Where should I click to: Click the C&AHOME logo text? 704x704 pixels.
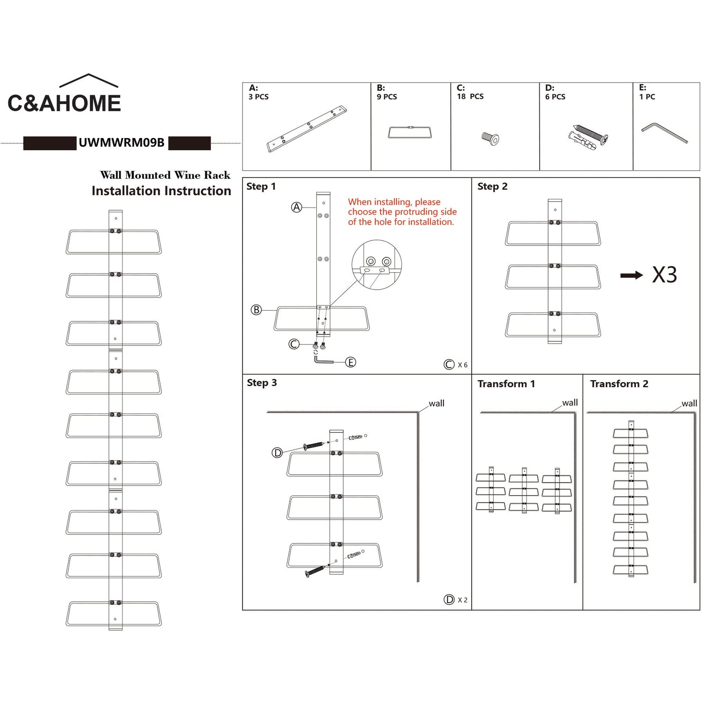click(x=64, y=103)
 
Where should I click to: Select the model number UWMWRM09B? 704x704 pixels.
click(x=122, y=143)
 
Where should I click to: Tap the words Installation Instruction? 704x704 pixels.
click(x=161, y=191)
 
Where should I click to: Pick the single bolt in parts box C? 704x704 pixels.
click(x=490, y=138)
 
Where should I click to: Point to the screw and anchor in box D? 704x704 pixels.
click(x=588, y=137)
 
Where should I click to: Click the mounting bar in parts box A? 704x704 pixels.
click(x=307, y=128)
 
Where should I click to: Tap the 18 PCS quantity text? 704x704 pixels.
click(x=470, y=96)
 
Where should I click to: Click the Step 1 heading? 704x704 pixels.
click(x=261, y=186)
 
